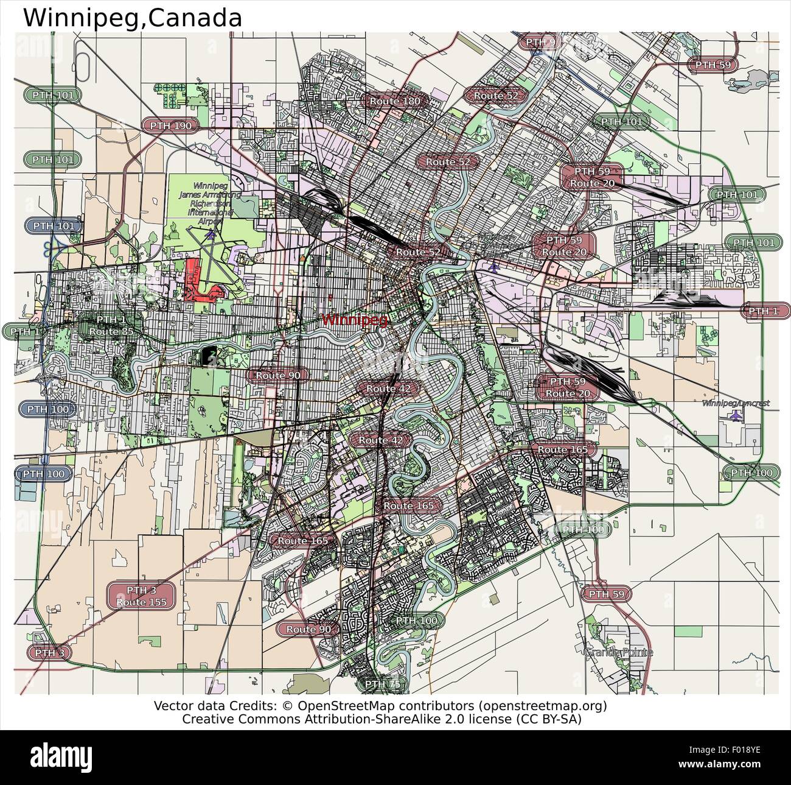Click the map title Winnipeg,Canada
(x=133, y=18)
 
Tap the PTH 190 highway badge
(x=171, y=125)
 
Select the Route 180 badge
(x=395, y=101)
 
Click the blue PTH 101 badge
(x=54, y=226)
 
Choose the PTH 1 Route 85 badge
(x=111, y=326)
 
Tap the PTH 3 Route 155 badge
(x=142, y=596)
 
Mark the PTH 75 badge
(x=383, y=684)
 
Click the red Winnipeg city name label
(x=354, y=319)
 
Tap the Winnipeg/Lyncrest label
(x=736, y=403)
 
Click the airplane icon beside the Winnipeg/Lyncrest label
(x=737, y=416)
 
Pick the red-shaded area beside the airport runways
(x=196, y=280)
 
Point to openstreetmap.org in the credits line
(x=543, y=706)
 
